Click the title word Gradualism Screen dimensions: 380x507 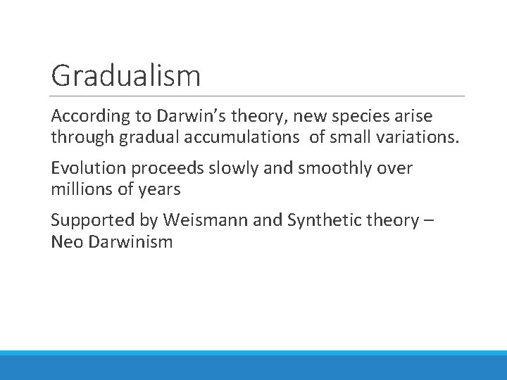tap(125, 76)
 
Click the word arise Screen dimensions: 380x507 tap(414, 116)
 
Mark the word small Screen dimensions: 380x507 tap(346, 137)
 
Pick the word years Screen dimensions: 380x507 tap(160, 189)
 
